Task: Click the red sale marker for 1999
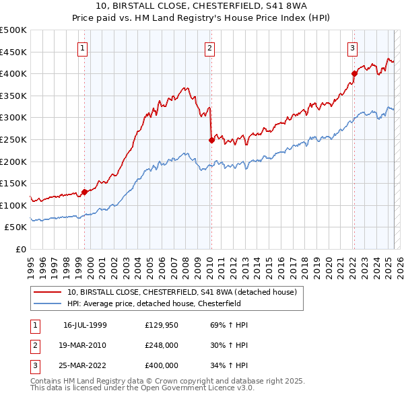pyautogui.click(x=85, y=192)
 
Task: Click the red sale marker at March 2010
pyautogui.click(x=211, y=140)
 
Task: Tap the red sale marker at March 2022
pyautogui.click(x=354, y=73)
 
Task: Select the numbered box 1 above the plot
pyautogui.click(x=82, y=48)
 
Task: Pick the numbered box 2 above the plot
pyautogui.click(x=210, y=48)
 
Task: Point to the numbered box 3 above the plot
pyautogui.click(x=352, y=48)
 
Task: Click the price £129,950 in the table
pyautogui.click(x=161, y=325)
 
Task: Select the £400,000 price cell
pyautogui.click(x=161, y=365)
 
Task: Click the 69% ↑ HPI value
pyautogui.click(x=224, y=325)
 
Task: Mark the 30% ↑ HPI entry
pyautogui.click(x=224, y=345)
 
